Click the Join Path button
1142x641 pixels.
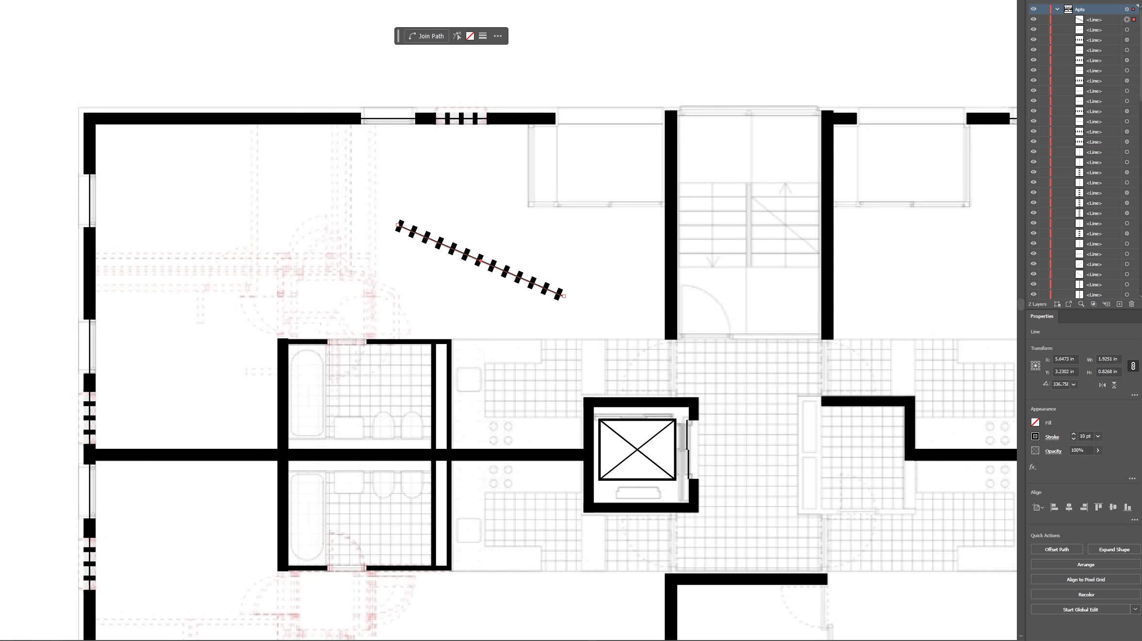(x=426, y=36)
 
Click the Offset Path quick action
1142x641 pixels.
(x=1057, y=549)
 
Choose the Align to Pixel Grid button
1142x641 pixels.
(x=1086, y=579)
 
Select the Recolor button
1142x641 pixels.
(x=1086, y=594)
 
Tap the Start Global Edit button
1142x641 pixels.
(x=1080, y=609)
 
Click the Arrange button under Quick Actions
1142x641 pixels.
(x=1086, y=564)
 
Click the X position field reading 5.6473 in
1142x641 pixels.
(x=1066, y=359)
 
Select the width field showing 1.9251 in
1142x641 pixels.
(x=1109, y=359)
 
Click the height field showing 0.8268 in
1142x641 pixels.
(x=1109, y=372)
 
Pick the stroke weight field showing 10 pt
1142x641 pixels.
(x=1085, y=436)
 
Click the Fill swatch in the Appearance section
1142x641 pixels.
(x=1035, y=422)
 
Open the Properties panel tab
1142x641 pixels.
(x=1042, y=316)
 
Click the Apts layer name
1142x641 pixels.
(x=1079, y=9)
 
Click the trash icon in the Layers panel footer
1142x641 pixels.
(x=1131, y=304)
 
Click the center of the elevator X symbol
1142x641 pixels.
(x=637, y=450)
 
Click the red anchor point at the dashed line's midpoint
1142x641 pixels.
(x=480, y=261)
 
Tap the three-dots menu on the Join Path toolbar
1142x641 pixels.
(x=498, y=36)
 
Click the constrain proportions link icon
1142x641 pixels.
(x=1133, y=366)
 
